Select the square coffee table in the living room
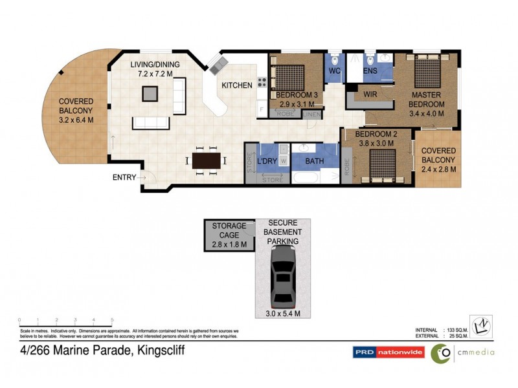tap(150, 94)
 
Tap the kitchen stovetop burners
tap(263, 82)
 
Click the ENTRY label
tap(124, 177)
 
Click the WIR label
tap(371, 94)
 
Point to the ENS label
tap(370, 70)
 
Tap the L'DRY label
tap(267, 161)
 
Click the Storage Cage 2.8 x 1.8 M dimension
tap(229, 244)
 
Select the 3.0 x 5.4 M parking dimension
tap(284, 314)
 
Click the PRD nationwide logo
tap(388, 352)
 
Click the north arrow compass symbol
tap(480, 326)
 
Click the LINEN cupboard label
tap(312, 114)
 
